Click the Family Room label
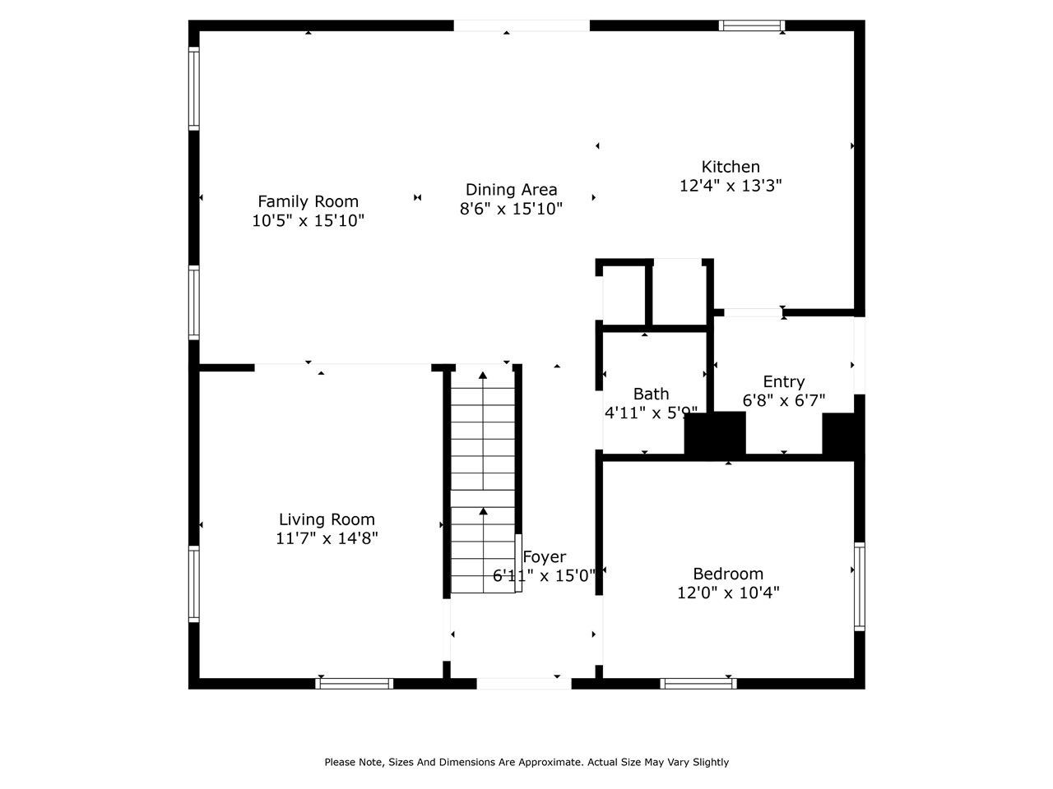[308, 201]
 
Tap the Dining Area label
[511, 190]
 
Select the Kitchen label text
[730, 167]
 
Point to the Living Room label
[327, 519]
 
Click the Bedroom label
[727, 574]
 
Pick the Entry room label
[783, 381]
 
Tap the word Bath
[651, 394]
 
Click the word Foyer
[545, 557]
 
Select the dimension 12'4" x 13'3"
[730, 186]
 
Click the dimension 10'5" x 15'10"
[308, 220]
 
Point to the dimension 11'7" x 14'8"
[327, 538]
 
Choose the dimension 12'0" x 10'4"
[727, 593]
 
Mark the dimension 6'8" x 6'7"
[783, 400]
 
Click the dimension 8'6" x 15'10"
[511, 209]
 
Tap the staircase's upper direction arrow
[483, 376]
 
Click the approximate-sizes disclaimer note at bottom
[526, 762]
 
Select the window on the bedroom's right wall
[859, 585]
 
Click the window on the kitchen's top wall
[751, 25]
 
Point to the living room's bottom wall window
[355, 683]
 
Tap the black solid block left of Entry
[715, 432]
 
